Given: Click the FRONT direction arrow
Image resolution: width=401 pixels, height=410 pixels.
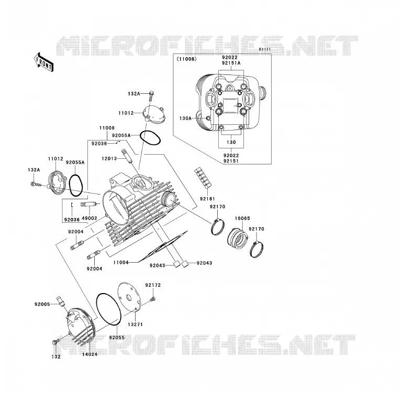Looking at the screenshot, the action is (x=43, y=62).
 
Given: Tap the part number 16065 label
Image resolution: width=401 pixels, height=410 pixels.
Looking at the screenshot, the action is (x=242, y=218).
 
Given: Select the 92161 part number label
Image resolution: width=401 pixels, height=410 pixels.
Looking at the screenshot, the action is (x=207, y=199).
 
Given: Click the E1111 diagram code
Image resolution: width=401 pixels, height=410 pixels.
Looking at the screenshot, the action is (x=265, y=49).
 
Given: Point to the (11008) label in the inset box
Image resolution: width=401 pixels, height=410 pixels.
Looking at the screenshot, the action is (x=187, y=59).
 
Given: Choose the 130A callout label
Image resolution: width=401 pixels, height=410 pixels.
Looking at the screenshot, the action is (x=185, y=118).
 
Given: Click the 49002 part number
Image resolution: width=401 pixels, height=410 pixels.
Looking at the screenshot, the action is (x=90, y=218).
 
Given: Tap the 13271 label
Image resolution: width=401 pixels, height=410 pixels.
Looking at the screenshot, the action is (x=135, y=325).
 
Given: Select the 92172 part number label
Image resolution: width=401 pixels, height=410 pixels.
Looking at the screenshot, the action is (x=153, y=285).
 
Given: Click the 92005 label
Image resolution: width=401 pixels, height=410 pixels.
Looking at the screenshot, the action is (x=42, y=304).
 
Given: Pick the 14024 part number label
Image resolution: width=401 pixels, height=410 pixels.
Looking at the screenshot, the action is (x=90, y=354).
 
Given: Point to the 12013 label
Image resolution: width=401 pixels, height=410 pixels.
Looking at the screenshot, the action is (x=109, y=158).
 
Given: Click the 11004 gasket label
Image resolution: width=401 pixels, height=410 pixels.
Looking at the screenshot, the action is (x=121, y=262).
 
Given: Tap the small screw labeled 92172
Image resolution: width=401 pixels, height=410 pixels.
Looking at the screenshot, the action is (x=153, y=299).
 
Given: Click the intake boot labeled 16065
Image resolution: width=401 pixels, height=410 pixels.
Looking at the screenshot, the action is (x=237, y=238).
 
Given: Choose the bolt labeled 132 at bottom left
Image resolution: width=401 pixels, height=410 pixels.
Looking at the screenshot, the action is (x=56, y=341).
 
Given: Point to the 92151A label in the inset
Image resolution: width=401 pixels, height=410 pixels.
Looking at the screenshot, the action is (x=231, y=63).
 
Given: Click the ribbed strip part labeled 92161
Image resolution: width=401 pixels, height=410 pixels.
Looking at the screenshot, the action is (x=203, y=178).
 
